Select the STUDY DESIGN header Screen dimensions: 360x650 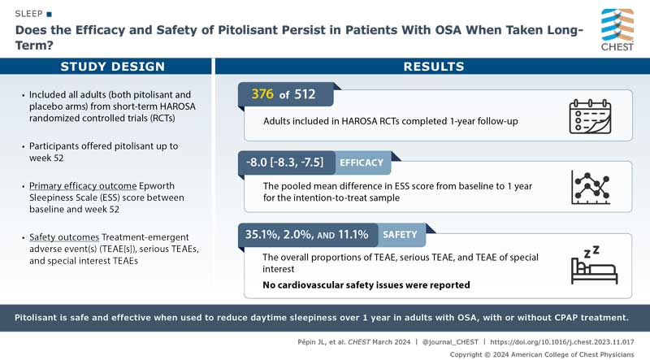click(x=106, y=67)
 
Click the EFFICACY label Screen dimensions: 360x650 click(x=362, y=163)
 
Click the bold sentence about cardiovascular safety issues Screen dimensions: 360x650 click(x=366, y=284)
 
